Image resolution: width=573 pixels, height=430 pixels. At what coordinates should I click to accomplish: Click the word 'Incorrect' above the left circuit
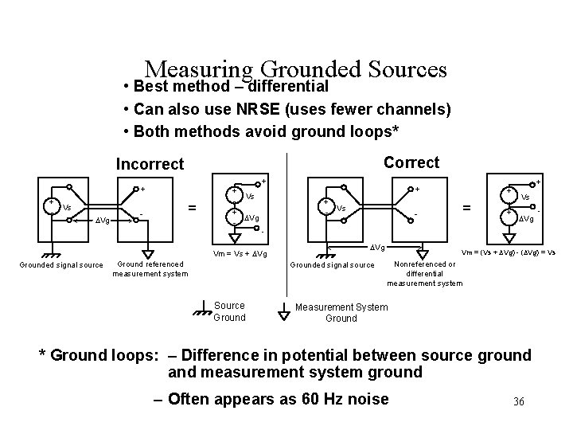tap(150, 164)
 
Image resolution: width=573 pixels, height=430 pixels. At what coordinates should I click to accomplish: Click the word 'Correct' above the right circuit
tap(411, 162)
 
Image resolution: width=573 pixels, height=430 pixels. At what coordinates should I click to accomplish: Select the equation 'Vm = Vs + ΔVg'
tap(241, 254)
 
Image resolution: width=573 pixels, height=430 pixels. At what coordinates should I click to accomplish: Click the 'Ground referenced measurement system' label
tap(150, 269)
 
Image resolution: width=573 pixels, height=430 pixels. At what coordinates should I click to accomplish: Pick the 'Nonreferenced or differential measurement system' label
tap(424, 273)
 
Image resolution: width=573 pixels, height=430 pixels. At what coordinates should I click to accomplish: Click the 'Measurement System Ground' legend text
tap(341, 312)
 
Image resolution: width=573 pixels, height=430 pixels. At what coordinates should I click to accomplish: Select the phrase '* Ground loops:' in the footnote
tap(93, 355)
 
